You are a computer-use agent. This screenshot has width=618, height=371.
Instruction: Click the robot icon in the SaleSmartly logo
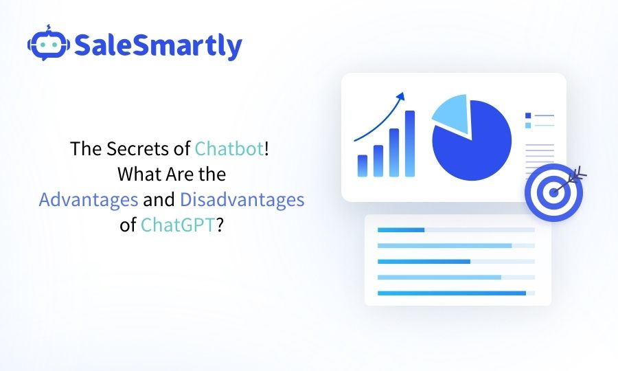tap(47, 45)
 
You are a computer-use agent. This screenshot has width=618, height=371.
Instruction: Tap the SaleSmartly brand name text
tap(157, 45)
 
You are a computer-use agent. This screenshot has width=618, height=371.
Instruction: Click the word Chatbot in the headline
tap(229, 149)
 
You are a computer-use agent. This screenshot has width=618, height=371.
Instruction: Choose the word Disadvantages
tap(242, 200)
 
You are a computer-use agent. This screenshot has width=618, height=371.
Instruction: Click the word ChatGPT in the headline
tap(178, 225)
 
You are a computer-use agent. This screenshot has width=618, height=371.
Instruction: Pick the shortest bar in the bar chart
tap(363, 165)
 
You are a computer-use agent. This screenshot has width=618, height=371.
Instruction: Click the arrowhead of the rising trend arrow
tap(402, 96)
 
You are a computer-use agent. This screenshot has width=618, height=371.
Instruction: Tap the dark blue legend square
tap(527, 115)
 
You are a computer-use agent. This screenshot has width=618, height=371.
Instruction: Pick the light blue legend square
tap(527, 125)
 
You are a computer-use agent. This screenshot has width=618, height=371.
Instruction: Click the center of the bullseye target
tap(553, 192)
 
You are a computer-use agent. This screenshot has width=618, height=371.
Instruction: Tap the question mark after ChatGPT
tap(220, 225)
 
